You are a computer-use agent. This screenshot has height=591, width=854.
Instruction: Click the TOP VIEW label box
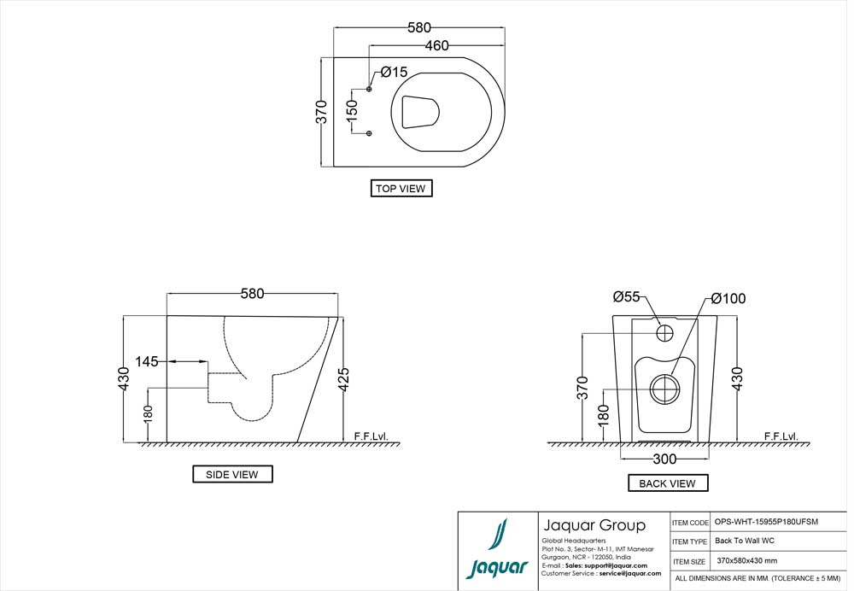pos(401,189)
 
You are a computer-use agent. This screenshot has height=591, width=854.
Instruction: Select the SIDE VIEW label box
pos(232,474)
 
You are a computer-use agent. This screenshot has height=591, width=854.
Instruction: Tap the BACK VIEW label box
pos(667,483)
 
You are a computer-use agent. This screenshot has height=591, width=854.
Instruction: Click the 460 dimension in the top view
pos(436,46)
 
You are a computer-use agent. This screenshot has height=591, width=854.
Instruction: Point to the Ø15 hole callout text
pos(394,72)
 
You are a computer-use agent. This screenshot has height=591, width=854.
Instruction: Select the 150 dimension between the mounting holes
pos(351,112)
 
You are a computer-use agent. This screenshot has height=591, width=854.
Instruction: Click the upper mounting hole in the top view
pos(370,90)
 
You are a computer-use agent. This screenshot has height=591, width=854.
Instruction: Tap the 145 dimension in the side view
pos(147,362)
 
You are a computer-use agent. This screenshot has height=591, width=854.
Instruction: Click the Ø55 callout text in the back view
pos(626,296)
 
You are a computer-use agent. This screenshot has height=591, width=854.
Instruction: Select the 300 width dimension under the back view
pos(664,459)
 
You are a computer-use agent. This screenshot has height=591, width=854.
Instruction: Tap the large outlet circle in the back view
pos(665,389)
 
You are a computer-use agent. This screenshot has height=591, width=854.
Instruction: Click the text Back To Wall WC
pos(745,541)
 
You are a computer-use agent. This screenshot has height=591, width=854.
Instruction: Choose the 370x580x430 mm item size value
pos(747,561)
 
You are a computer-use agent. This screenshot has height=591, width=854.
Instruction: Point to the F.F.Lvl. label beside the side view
pos(371,436)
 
